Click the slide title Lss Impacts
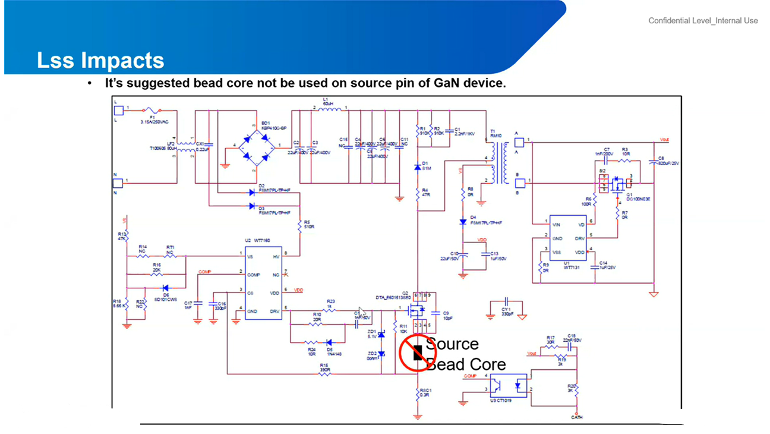click(x=100, y=60)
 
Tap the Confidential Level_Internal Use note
click(x=703, y=21)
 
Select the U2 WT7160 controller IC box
click(x=263, y=282)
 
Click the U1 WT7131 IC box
click(x=567, y=238)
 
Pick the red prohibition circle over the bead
click(x=417, y=353)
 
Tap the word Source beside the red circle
click(x=453, y=344)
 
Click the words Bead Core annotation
click(x=467, y=364)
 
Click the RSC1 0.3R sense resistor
click(x=418, y=393)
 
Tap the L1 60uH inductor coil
click(x=330, y=109)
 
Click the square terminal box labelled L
click(x=118, y=110)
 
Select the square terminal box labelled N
click(x=118, y=183)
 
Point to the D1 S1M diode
click(x=418, y=167)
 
